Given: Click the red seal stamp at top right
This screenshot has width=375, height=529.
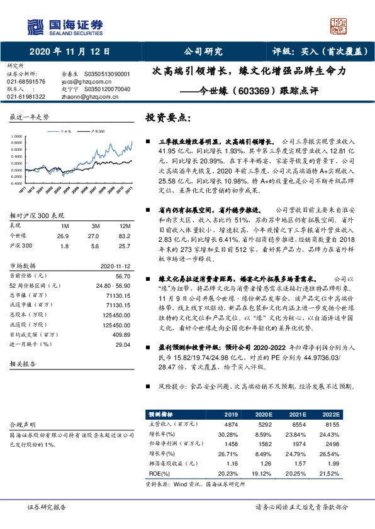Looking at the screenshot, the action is [340, 26].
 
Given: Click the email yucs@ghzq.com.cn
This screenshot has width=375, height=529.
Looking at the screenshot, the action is [80, 82].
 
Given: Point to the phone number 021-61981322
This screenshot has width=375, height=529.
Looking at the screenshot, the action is [26, 97].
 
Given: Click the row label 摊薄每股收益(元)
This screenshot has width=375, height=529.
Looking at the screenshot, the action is [169, 464].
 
